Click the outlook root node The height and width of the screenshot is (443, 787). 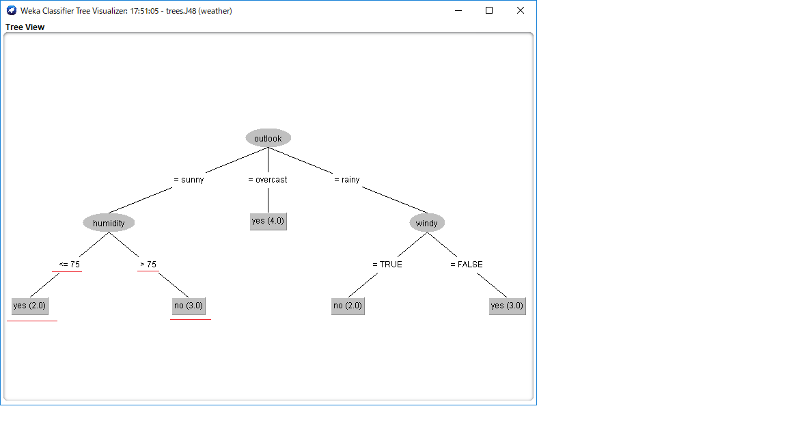(268, 138)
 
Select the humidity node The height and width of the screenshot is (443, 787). (109, 223)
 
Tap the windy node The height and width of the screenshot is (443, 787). (427, 223)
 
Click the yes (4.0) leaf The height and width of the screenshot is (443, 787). (268, 221)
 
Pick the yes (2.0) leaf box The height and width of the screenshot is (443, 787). (29, 306)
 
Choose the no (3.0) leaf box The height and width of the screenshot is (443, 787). (189, 306)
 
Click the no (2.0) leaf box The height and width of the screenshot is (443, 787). (348, 306)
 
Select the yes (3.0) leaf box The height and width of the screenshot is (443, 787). (508, 306)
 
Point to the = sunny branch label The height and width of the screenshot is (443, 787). (189, 180)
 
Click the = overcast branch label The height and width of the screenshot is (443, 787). (268, 180)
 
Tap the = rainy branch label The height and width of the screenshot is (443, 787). (347, 180)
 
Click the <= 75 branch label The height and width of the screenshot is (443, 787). (69, 265)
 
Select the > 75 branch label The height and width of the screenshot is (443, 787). (148, 265)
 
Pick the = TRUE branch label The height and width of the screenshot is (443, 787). (387, 265)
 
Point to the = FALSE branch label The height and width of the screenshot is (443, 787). (467, 265)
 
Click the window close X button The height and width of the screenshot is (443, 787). (521, 10)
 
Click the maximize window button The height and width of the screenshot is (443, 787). (489, 10)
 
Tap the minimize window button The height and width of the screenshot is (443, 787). (458, 10)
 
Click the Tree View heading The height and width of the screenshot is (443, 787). (25, 27)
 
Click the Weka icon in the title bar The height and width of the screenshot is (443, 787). (12, 10)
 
